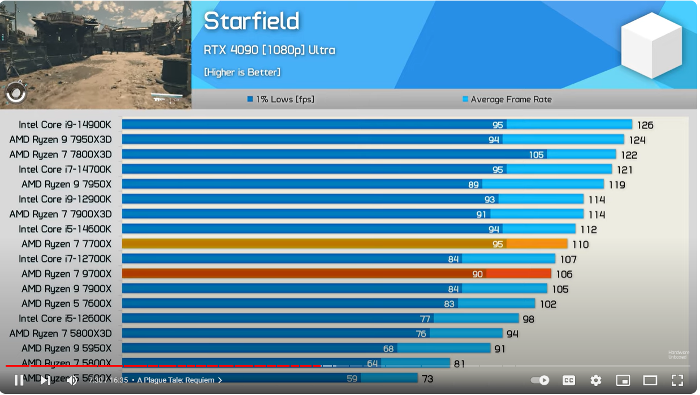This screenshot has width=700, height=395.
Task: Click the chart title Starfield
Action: pos(251,22)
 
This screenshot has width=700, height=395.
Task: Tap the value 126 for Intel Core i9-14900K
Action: pos(645,125)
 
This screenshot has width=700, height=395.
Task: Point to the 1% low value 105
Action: pos(536,154)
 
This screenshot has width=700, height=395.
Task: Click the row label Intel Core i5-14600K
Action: pos(64,229)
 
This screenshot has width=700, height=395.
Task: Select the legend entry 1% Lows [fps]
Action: pos(280,100)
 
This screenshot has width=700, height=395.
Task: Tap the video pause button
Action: pos(19,380)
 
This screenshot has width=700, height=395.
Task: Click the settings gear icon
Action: pos(595,380)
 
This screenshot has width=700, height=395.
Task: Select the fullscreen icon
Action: pos(677,380)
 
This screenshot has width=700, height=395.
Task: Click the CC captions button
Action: pos(568,380)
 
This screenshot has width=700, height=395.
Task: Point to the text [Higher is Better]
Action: pos(242,72)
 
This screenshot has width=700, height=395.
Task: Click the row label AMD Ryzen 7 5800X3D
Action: pos(61,334)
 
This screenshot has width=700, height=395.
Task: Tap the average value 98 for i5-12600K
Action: pos(528,319)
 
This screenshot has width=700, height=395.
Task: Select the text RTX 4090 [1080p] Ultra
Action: pos(269,50)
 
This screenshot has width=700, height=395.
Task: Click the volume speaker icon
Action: pos(72,380)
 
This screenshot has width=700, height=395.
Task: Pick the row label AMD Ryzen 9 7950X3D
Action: pos(61,139)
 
